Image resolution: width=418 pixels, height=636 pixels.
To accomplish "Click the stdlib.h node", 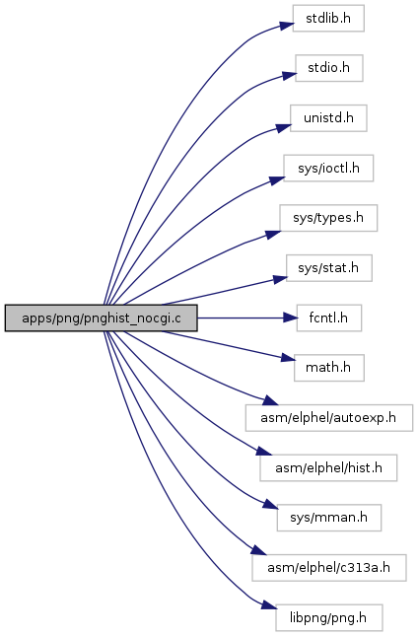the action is click(328, 19).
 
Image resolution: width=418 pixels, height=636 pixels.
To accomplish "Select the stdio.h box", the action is click(329, 68).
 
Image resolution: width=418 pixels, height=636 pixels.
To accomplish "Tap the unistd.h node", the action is click(328, 118).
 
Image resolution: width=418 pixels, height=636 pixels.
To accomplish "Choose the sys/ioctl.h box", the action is click(328, 168).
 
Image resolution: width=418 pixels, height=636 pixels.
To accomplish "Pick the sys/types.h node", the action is click(328, 218).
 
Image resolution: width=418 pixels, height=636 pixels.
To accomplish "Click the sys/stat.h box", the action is click(329, 268).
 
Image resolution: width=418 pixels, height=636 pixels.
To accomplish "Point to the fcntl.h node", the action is click(329, 318).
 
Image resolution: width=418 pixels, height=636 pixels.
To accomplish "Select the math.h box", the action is click(329, 368).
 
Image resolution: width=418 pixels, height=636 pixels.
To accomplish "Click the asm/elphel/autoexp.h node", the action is click(329, 418).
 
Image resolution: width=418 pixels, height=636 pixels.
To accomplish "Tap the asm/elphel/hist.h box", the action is click(328, 467).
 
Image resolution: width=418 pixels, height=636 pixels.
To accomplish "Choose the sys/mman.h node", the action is click(329, 518).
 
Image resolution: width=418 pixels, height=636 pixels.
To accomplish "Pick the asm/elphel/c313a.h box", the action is click(329, 567).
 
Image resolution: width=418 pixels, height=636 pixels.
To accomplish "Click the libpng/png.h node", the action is click(329, 617).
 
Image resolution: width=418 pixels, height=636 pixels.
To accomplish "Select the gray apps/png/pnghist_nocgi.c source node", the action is click(101, 318).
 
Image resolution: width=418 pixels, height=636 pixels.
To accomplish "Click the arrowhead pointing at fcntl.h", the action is click(290, 318).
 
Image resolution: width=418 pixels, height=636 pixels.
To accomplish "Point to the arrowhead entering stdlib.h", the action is click(286, 26).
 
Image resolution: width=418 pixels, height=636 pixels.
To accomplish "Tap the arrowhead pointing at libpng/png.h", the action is click(269, 605).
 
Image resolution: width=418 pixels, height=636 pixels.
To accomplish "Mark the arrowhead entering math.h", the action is click(288, 359).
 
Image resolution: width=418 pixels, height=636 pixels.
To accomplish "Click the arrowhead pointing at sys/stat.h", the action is click(280, 279).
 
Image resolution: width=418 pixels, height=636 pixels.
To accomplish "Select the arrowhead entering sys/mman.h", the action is click(270, 505).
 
